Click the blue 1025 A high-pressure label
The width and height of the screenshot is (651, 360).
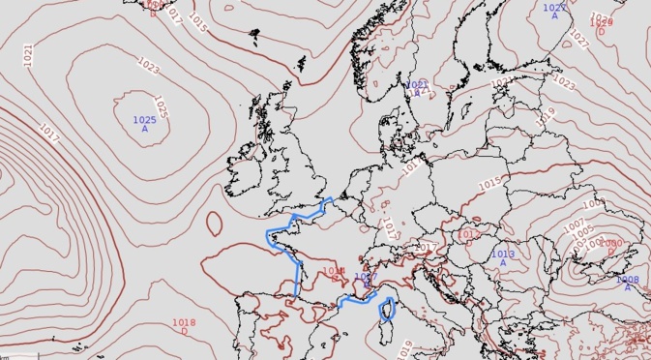click(x=144, y=124)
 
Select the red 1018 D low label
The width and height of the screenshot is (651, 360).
click(x=184, y=326)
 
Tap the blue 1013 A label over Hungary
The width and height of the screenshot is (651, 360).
click(x=503, y=258)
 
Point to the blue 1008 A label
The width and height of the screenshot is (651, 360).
click(x=627, y=283)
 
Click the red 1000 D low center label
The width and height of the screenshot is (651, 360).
click(x=610, y=247)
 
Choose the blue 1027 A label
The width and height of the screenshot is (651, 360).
click(x=554, y=12)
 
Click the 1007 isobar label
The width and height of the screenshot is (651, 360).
click(x=574, y=225)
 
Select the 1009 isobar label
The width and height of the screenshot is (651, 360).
click(x=592, y=205)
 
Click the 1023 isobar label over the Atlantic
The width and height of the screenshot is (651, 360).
click(x=149, y=66)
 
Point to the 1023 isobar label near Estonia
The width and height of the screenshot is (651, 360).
click(x=563, y=83)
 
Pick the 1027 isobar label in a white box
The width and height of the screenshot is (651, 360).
click(x=578, y=39)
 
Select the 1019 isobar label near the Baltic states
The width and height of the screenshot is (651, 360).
click(x=547, y=114)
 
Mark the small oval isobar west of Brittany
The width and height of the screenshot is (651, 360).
click(x=213, y=225)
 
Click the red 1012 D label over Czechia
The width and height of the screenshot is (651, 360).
click(x=469, y=236)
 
